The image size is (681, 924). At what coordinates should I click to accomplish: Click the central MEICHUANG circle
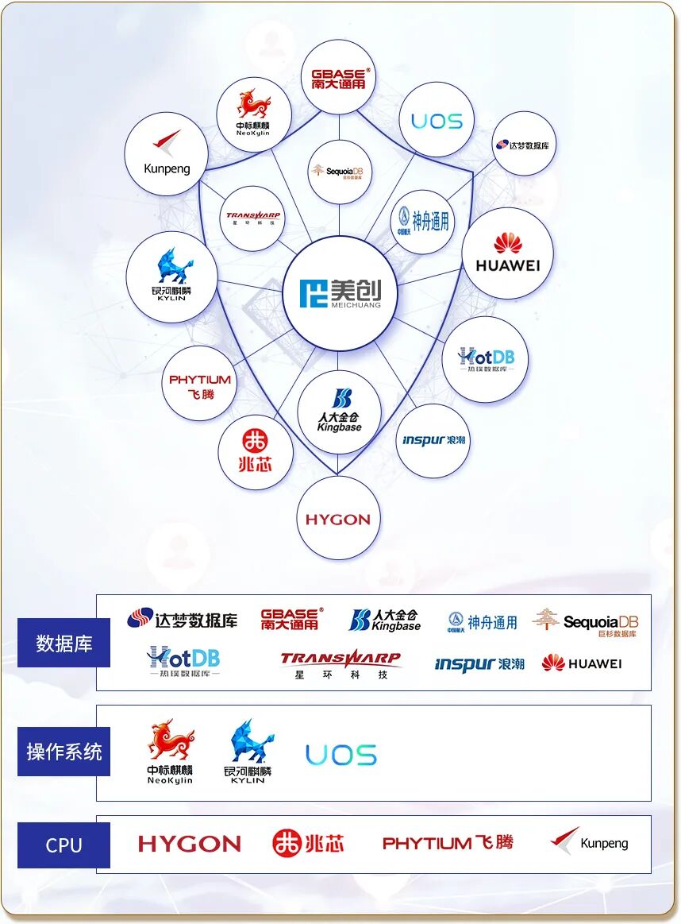pyautogui.click(x=339, y=293)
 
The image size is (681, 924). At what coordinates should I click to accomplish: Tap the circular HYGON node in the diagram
pyautogui.click(x=338, y=519)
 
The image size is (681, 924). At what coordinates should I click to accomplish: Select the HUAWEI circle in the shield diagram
pyautogui.click(x=507, y=253)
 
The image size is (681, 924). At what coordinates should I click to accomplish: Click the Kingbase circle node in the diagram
pyautogui.click(x=339, y=412)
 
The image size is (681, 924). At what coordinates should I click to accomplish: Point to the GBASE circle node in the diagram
pyautogui.click(x=339, y=78)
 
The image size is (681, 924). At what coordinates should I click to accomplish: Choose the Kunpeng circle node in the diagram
pyautogui.click(x=167, y=154)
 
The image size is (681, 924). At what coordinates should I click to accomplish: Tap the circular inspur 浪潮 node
pyautogui.click(x=433, y=440)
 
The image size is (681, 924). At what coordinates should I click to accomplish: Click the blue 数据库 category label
pyautogui.click(x=64, y=643)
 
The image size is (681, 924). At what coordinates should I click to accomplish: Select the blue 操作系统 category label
pyautogui.click(x=63, y=752)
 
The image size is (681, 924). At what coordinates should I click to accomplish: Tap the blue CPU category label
pyautogui.click(x=63, y=845)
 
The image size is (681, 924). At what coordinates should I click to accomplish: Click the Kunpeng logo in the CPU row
pyautogui.click(x=590, y=842)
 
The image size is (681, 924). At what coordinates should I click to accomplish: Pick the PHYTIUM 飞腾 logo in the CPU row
pyautogui.click(x=448, y=843)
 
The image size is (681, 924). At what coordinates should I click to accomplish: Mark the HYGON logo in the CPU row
pyautogui.click(x=189, y=844)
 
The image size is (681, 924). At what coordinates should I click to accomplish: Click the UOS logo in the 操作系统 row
pyautogui.click(x=341, y=755)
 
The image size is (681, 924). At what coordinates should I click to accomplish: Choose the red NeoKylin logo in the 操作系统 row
pyautogui.click(x=170, y=751)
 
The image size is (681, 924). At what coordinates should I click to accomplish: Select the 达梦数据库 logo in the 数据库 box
pyautogui.click(x=183, y=619)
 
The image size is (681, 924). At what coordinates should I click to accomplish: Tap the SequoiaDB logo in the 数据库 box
pyautogui.click(x=586, y=622)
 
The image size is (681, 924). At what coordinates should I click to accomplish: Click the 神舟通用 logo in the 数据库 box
pyautogui.click(x=482, y=622)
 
